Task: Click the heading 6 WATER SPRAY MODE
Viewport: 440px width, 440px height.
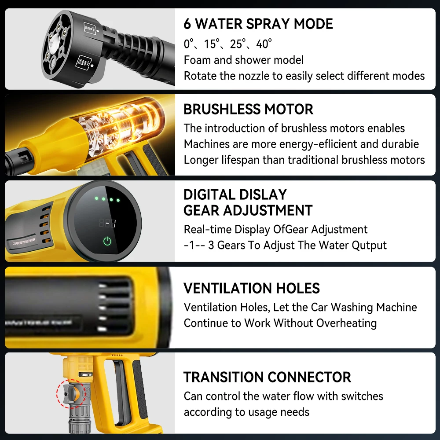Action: pos(258,24)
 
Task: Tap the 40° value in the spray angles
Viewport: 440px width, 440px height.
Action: pos(264,44)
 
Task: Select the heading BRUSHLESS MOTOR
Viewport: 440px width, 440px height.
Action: pos(248,109)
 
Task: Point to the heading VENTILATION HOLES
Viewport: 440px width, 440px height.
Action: pos(252,288)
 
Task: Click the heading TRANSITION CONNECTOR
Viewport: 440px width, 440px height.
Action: pos(267,377)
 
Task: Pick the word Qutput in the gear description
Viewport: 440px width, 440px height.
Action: pos(369,245)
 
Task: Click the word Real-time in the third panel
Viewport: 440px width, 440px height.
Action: pos(207,229)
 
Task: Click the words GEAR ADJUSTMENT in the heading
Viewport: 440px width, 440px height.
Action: pos(248,210)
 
